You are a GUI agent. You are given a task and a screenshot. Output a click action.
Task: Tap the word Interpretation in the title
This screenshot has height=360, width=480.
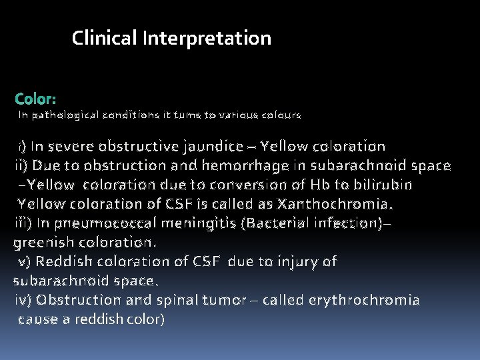tap(207, 39)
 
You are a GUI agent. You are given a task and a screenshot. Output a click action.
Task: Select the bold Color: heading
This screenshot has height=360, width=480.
tap(35, 99)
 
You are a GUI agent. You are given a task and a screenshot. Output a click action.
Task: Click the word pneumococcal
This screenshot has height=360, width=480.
tap(115, 223)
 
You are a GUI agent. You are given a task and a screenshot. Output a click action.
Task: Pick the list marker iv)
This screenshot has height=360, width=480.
tap(24, 301)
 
